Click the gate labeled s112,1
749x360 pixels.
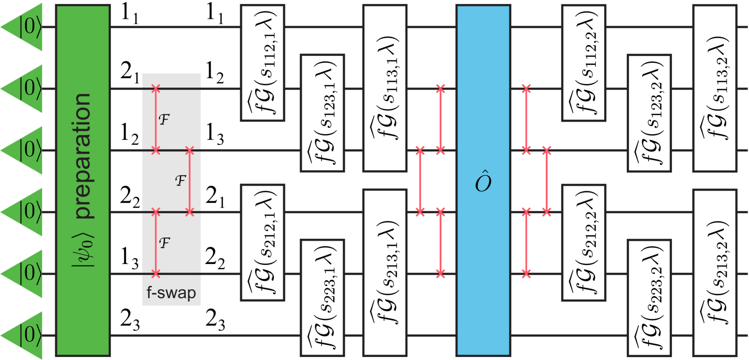pos(262,63)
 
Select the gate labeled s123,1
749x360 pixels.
pos(322,113)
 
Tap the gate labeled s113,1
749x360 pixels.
pos(385,88)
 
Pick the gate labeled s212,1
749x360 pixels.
pos(262,242)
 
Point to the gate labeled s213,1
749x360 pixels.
pos(385,272)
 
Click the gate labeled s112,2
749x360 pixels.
pos(583,63)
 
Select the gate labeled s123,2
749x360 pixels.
pos(649,113)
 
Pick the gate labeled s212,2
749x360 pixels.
pos(583,242)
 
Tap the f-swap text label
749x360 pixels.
pos(171,293)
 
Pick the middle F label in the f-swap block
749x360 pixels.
pos(180,180)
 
